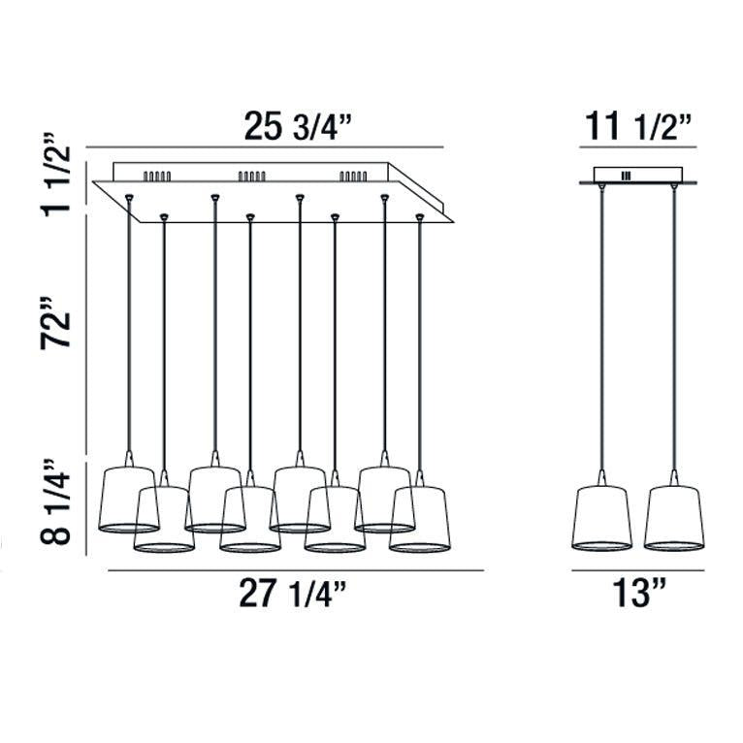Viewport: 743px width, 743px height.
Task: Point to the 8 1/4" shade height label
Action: [x=59, y=506]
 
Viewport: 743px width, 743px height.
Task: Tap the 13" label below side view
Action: [x=635, y=594]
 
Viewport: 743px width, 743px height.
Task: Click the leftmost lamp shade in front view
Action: [x=128, y=501]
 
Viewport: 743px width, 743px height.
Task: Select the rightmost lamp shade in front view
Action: [x=421, y=520]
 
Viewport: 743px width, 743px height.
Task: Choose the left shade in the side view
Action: [x=601, y=518]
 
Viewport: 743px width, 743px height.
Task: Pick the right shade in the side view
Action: [x=673, y=518]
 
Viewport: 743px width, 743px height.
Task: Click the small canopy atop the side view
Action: [x=636, y=176]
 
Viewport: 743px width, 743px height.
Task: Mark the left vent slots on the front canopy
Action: [x=157, y=177]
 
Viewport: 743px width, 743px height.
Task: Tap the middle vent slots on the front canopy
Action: [x=251, y=177]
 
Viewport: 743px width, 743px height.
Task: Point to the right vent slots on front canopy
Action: [x=352, y=177]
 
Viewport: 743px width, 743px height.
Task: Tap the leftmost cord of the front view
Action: [x=128, y=330]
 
